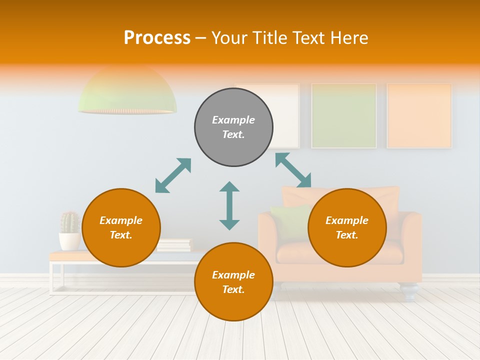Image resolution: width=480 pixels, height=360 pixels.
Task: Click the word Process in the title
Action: pos(157,38)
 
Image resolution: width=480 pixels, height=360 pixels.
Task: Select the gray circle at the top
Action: pos(233,127)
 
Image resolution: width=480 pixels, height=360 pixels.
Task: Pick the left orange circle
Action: pos(121,227)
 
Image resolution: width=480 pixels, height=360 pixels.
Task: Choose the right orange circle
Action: pos(347,227)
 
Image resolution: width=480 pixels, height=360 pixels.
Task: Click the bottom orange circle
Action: pos(233,282)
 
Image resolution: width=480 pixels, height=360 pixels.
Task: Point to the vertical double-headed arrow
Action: pos(229,205)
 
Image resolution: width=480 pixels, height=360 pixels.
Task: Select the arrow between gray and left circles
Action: pos(173,175)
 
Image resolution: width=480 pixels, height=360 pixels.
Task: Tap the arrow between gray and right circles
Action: pos(293,170)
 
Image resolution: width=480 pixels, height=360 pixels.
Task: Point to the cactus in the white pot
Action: pos(70,222)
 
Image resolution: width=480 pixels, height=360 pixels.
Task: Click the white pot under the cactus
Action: pos(69,241)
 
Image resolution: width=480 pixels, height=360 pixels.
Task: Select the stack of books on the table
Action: pos(174,245)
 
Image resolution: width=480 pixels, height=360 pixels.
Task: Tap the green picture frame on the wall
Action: pos(344,115)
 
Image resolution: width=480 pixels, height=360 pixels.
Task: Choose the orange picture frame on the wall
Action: pos(419,115)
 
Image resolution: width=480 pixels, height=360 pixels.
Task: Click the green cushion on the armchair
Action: pos(290,220)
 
